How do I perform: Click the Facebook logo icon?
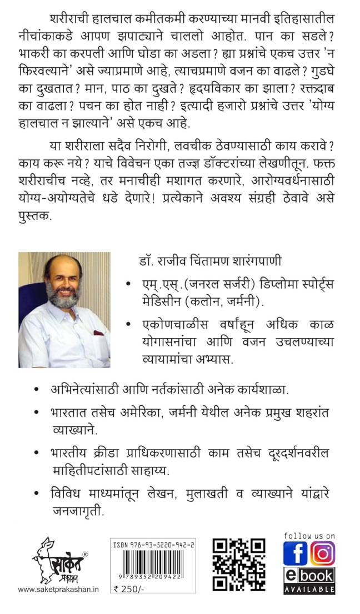point(295,553)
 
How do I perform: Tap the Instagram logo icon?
point(322,553)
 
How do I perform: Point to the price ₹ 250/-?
point(126,604)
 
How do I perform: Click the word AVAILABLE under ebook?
point(309,588)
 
